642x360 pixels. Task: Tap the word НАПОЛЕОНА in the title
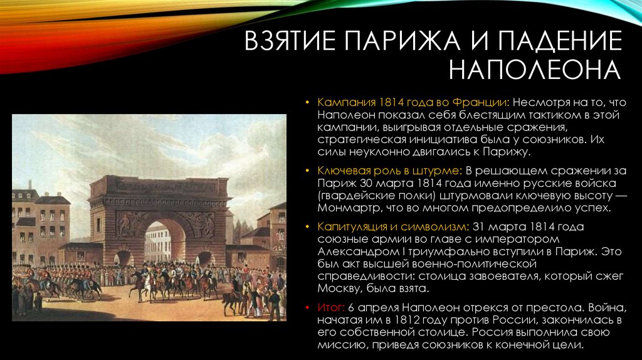pyautogui.click(x=535, y=69)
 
